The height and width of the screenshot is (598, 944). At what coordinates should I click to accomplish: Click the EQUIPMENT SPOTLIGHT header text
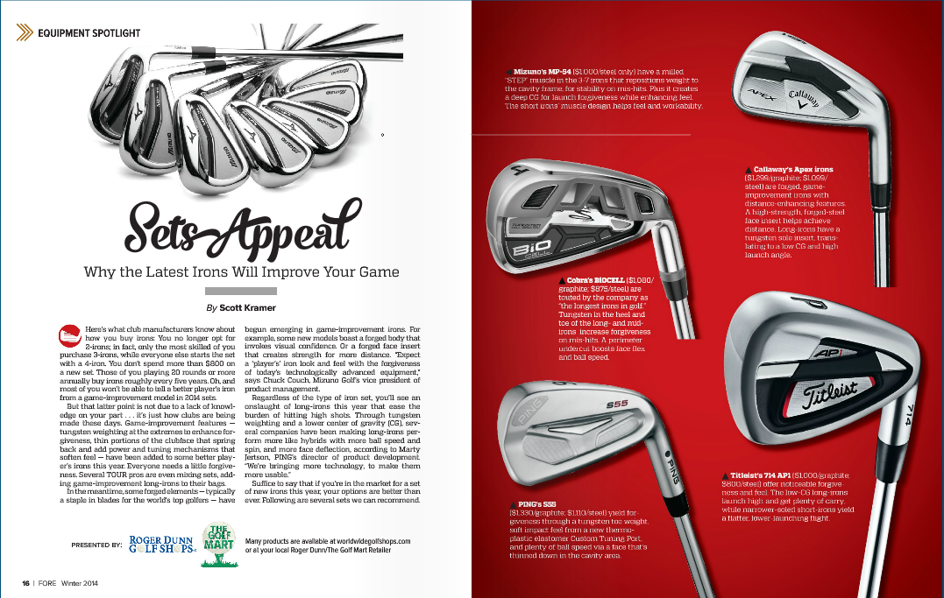89,33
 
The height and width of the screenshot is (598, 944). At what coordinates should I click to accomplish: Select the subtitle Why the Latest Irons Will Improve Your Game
241,271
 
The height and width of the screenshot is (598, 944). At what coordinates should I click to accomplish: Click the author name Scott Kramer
249,308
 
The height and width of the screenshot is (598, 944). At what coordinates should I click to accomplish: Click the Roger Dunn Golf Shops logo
174,544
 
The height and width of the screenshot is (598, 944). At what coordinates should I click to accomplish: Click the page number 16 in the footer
26,583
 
